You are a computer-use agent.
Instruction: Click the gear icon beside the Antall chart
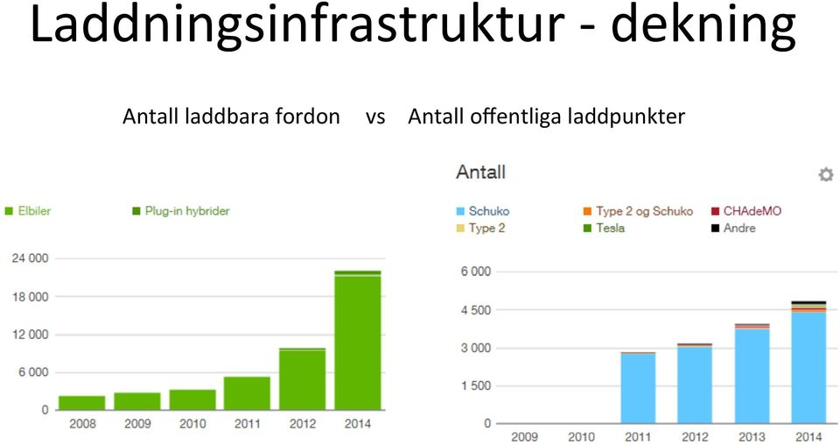click(x=825, y=174)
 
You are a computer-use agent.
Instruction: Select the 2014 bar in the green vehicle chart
click(x=357, y=341)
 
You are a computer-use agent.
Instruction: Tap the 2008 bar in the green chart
click(x=82, y=403)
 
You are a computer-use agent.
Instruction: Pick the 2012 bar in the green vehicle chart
click(x=303, y=379)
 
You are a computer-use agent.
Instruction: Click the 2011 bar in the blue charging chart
click(x=638, y=388)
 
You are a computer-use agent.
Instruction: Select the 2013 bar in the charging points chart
click(x=752, y=374)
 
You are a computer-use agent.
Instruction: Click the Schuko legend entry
click(x=483, y=211)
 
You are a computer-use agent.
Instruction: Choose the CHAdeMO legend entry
click(x=746, y=211)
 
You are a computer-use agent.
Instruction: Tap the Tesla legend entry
click(x=605, y=228)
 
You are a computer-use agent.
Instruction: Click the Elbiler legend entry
click(x=28, y=211)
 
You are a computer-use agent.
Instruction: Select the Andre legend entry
click(x=733, y=228)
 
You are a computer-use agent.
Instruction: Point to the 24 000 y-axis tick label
click(x=30, y=258)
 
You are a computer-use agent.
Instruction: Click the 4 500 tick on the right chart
click(x=476, y=310)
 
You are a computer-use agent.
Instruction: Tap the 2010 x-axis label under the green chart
click(x=192, y=424)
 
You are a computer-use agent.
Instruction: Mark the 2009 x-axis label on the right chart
click(x=524, y=437)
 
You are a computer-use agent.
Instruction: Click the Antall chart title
click(x=480, y=172)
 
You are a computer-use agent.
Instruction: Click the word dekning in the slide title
click(x=703, y=25)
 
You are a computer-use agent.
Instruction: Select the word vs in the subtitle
click(x=375, y=117)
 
